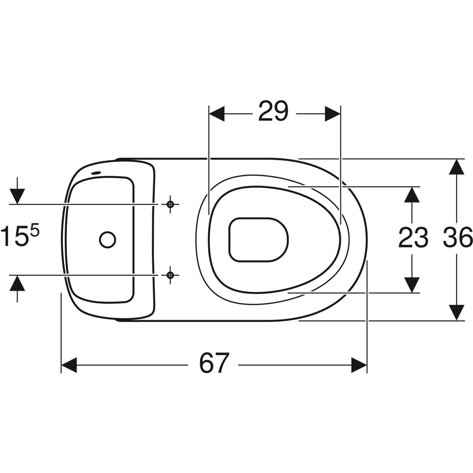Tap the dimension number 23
pyautogui.click(x=413, y=237)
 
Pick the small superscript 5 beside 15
pyautogui.click(x=35, y=231)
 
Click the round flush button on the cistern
pyautogui.click(x=108, y=240)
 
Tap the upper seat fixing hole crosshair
pyautogui.click(x=170, y=204)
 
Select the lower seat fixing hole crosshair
pyautogui.click(x=170, y=275)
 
